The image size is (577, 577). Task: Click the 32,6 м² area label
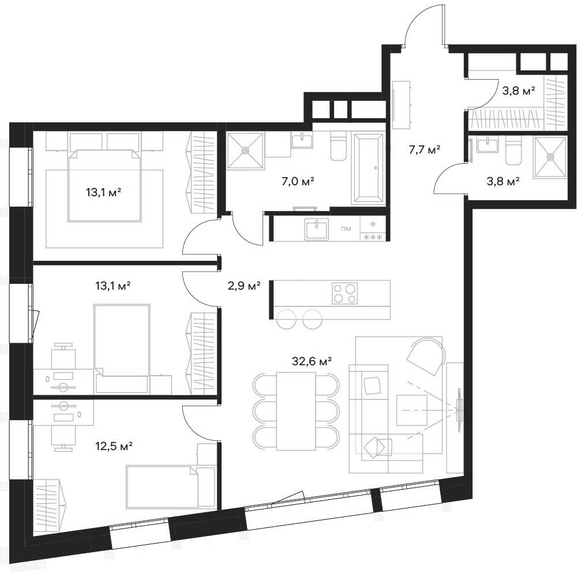[x=312, y=362]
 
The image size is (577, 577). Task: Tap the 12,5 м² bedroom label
[x=114, y=446]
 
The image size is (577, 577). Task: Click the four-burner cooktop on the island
[x=344, y=293]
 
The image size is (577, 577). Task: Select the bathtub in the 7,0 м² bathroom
[x=368, y=168]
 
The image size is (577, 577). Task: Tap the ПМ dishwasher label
[x=346, y=228]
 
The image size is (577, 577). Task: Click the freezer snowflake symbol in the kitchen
[x=373, y=224]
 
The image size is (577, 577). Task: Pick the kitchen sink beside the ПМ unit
[x=317, y=228]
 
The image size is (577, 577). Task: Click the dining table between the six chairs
[x=296, y=410]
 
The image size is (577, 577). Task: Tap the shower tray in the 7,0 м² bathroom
[x=245, y=151]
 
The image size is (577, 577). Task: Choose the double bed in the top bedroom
[x=105, y=185]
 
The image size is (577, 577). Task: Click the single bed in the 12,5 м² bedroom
[x=162, y=487]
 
